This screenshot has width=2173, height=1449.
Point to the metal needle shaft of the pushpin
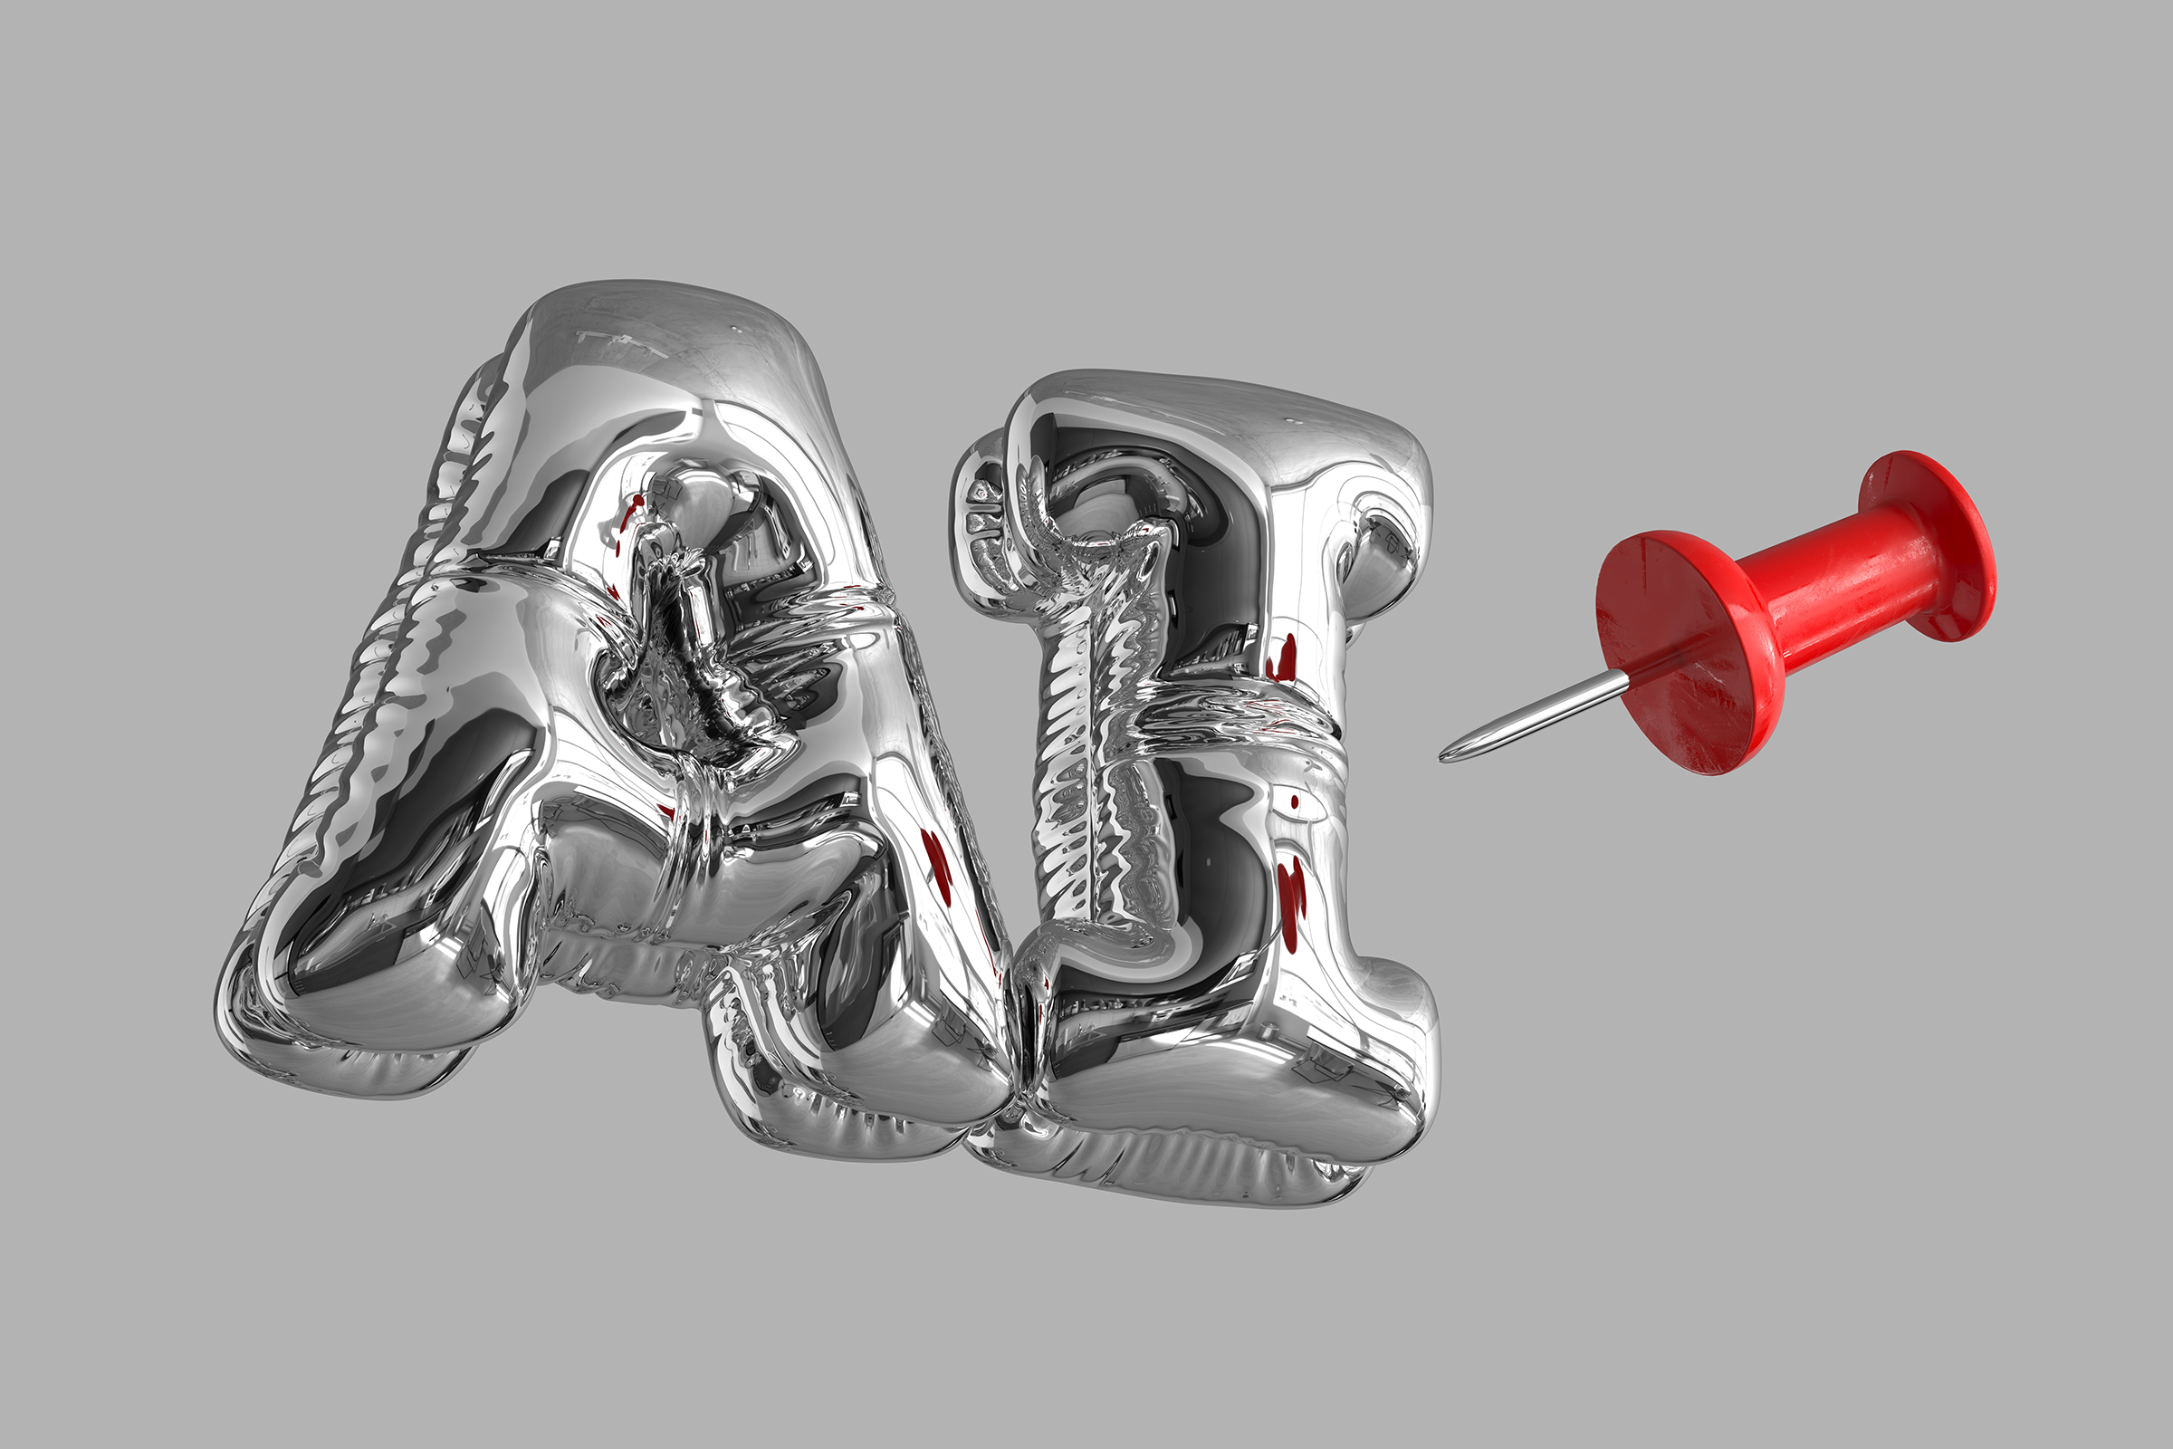pos(1534,716)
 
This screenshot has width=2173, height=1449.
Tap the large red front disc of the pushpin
pos(1677,651)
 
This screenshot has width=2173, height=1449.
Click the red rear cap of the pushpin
pos(1931,545)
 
